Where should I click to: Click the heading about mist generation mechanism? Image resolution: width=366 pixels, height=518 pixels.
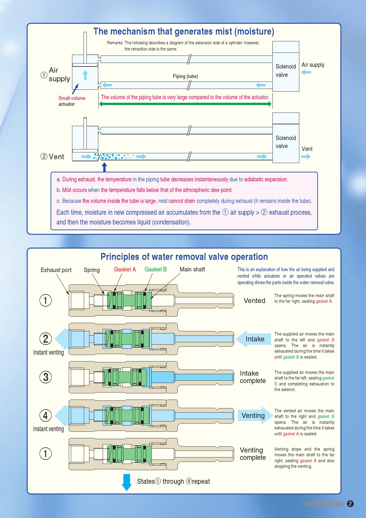point(184,32)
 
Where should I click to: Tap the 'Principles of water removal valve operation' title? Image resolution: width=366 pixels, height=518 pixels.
point(184,257)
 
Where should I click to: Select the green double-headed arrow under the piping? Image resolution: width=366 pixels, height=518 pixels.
point(185,104)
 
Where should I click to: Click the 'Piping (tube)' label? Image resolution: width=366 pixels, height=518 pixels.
point(185,76)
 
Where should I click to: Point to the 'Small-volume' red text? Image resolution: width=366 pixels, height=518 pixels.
point(72,98)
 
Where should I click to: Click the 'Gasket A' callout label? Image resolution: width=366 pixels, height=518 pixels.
point(125,269)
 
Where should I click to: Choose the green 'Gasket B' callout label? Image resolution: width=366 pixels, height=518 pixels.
point(156,269)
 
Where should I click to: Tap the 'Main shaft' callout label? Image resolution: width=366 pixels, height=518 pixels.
point(192,269)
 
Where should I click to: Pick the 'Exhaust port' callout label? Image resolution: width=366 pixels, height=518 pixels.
point(56,270)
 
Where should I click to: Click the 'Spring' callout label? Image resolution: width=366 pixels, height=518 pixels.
point(91,270)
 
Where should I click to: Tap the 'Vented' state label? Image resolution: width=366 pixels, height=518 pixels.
point(254,301)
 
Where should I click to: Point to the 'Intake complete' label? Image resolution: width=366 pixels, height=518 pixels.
point(253,377)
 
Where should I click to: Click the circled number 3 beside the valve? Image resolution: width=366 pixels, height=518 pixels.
point(45,377)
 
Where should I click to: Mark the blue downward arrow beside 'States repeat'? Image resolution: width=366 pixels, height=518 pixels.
point(127,482)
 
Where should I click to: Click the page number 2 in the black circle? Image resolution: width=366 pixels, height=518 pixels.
point(350,504)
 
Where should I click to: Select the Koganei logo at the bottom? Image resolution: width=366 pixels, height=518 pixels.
point(323,504)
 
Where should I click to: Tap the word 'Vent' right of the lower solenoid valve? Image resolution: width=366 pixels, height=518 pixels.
point(307,149)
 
